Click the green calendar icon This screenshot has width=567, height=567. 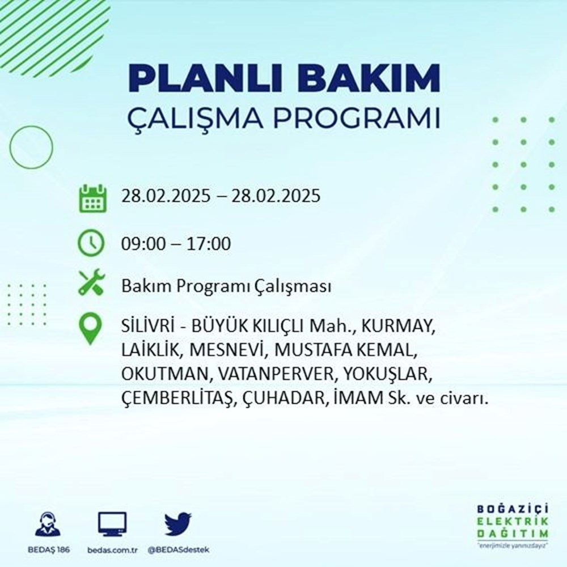point(91,198)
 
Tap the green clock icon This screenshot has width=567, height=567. point(91,244)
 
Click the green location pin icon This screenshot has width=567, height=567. point(91,329)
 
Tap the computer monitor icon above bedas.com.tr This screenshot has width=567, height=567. point(112,524)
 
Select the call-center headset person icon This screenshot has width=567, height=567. point(48,524)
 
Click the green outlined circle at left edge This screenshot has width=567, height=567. point(31,147)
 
